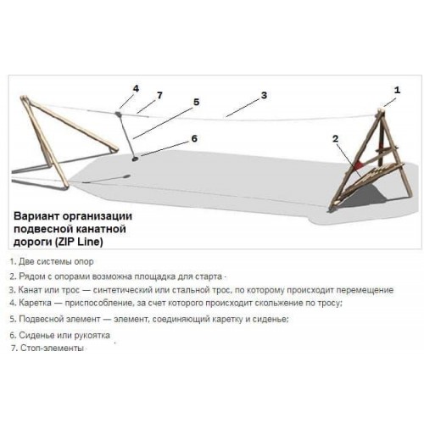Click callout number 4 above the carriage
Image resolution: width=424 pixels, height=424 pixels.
[x=136, y=89]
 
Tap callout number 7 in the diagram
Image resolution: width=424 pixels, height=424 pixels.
[x=159, y=96]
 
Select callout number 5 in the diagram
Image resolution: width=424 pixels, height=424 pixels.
[x=196, y=102]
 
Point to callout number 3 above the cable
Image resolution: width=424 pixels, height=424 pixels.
[x=264, y=95]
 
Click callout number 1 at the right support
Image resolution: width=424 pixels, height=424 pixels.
[x=397, y=90]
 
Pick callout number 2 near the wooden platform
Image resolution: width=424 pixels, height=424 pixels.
[x=335, y=138]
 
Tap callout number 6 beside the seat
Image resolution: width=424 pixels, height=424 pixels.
[x=194, y=138]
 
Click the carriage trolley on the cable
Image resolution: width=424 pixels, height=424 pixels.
[x=118, y=114]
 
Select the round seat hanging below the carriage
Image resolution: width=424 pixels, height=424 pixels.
[x=135, y=159]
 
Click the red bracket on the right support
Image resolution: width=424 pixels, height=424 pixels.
[x=360, y=165]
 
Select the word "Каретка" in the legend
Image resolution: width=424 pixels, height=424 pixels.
[x=35, y=303]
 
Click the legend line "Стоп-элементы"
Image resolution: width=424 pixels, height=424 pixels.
[x=52, y=348]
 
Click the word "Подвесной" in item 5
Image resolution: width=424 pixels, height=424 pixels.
[x=41, y=319]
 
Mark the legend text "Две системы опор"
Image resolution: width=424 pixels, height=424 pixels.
[x=56, y=262]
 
